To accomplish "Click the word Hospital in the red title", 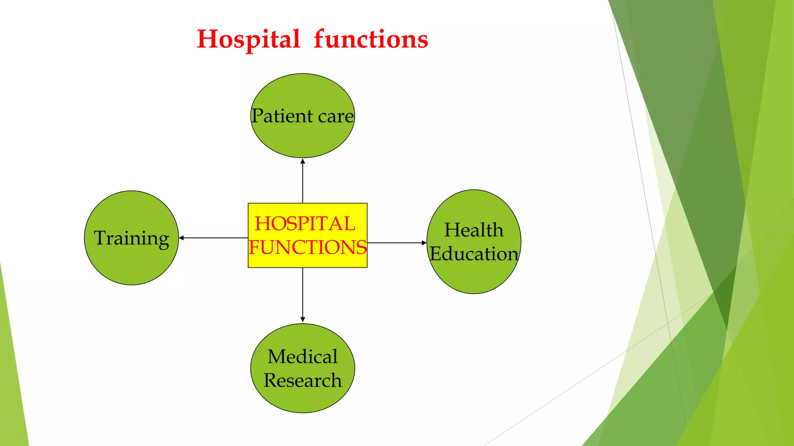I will pyautogui.click(x=249, y=39).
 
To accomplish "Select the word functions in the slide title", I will pyautogui.click(x=371, y=39).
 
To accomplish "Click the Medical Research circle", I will pyautogui.click(x=302, y=399).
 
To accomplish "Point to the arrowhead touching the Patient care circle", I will pyautogui.click(x=303, y=161).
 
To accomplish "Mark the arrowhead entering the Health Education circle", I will pyautogui.click(x=424, y=243).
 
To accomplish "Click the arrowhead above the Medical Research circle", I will pyautogui.click(x=303, y=319).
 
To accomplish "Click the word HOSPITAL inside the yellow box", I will pyautogui.click(x=305, y=224).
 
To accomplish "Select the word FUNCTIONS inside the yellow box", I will pyautogui.click(x=307, y=247).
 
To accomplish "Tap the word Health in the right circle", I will pyautogui.click(x=474, y=230).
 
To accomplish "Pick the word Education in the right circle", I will pyautogui.click(x=474, y=254).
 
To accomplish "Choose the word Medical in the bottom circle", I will pyautogui.click(x=302, y=357).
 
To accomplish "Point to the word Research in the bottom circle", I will pyautogui.click(x=302, y=381).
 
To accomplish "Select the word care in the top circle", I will pyautogui.click(x=336, y=117).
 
